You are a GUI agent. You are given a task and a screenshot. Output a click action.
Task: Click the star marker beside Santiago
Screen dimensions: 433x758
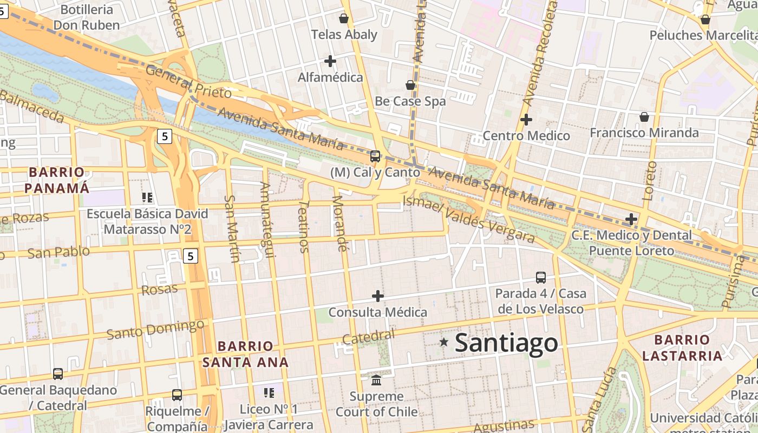(444, 342)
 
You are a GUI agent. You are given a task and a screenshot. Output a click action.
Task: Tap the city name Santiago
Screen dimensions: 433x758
(506, 343)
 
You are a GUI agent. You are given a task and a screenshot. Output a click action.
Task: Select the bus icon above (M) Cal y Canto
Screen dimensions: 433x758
(375, 156)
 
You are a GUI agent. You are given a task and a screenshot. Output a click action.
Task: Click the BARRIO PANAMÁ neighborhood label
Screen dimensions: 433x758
(57, 180)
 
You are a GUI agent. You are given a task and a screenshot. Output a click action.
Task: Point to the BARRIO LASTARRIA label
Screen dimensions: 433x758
(682, 348)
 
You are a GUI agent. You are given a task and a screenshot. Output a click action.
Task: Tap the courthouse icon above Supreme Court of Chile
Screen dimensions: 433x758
(376, 380)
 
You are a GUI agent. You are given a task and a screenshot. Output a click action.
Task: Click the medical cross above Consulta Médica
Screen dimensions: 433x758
(378, 296)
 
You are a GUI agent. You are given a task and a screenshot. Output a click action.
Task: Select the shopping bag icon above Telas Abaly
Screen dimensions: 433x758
(343, 18)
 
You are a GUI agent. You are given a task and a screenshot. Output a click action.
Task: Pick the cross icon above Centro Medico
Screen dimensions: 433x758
(526, 120)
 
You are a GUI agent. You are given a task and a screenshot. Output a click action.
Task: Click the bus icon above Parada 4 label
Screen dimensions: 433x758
(540, 278)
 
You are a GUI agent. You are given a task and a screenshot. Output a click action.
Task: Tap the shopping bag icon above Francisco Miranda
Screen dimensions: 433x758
(644, 117)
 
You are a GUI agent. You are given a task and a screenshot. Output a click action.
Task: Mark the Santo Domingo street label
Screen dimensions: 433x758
(155, 329)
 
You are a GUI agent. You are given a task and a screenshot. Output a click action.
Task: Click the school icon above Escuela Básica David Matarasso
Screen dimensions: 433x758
(147, 198)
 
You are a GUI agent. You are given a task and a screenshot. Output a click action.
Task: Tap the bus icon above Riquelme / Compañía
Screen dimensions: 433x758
(177, 395)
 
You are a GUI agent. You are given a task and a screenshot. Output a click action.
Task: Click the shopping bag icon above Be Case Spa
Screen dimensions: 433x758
(410, 85)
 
